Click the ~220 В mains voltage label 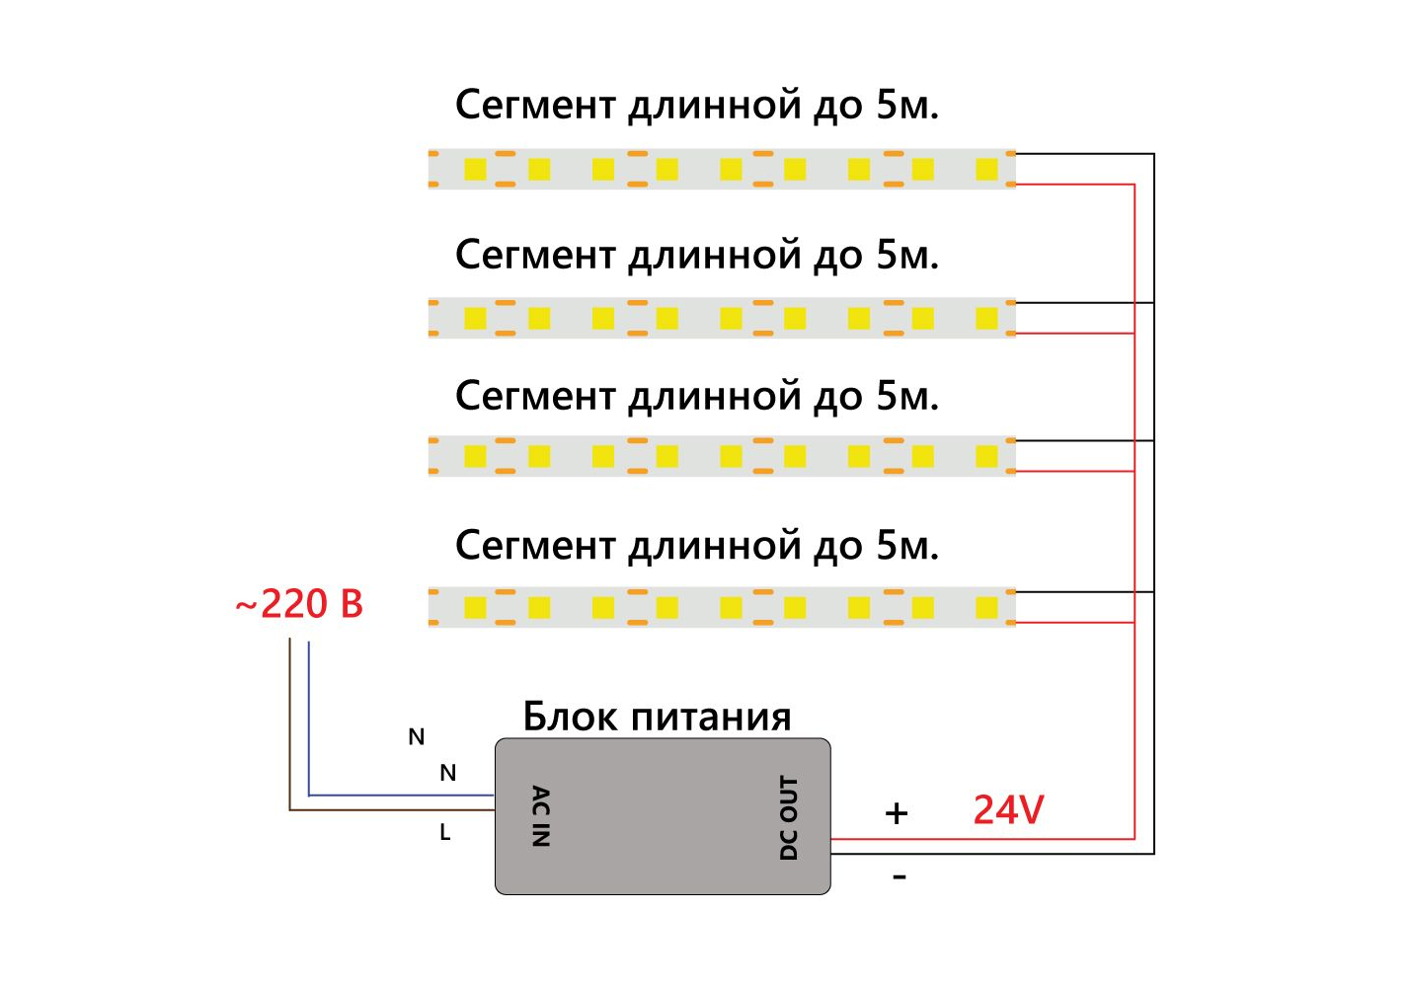299,604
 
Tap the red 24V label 1008,810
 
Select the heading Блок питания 657,717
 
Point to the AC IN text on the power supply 540,816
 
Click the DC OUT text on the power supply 788,817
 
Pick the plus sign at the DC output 896,813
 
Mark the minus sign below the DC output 899,876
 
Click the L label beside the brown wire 444,833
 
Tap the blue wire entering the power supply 395,795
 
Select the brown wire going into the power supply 395,810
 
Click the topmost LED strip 721,169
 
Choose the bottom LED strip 721,607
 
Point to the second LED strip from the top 721,318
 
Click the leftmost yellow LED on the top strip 475,169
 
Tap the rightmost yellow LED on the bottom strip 986,607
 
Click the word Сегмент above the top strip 535,105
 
